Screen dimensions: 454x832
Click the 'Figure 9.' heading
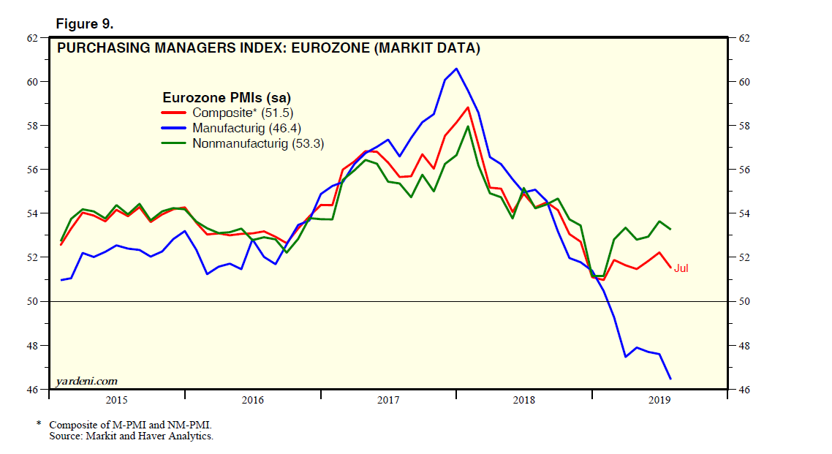point(85,24)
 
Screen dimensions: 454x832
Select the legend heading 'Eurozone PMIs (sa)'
point(227,97)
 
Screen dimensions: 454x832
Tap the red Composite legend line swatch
point(174,113)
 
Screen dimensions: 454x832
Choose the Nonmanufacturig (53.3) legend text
point(258,143)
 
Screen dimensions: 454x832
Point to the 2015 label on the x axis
point(117,400)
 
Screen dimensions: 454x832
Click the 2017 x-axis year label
point(388,400)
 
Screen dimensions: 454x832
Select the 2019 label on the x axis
point(660,400)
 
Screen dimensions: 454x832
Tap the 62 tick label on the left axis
point(33,37)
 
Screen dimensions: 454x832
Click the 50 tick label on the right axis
point(744,301)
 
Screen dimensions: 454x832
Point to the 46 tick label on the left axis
point(33,390)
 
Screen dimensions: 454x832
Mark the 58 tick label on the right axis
point(744,126)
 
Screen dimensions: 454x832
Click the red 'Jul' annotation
point(681,268)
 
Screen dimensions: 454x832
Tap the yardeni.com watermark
point(86,381)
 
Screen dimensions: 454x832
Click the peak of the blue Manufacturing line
point(456,69)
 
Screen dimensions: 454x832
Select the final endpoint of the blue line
point(670,378)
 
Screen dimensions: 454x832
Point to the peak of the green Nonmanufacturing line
point(468,126)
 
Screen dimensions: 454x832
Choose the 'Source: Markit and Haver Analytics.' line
point(131,436)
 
